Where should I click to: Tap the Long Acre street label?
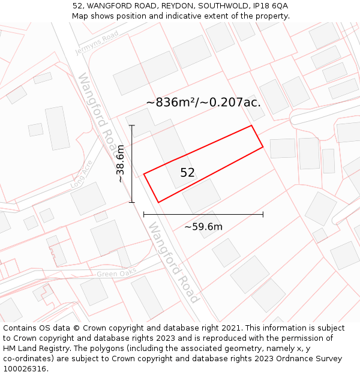[x=81, y=174]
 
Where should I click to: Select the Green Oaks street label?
[x=116, y=273]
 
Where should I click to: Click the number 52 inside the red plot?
[x=187, y=173]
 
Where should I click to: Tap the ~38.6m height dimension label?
[x=120, y=163]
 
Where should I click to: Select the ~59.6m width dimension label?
[x=203, y=227]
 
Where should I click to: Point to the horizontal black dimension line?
[x=203, y=214]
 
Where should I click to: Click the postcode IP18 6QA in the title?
[x=271, y=5]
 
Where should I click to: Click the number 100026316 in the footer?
[x=25, y=369]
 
